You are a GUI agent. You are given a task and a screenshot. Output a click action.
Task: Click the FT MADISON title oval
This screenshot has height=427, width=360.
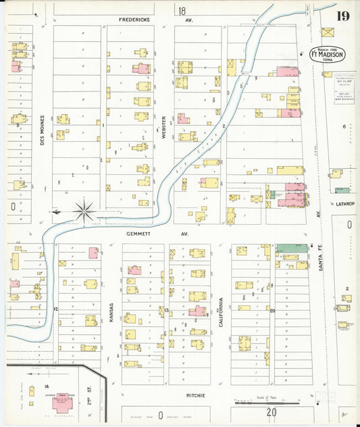tap(328, 54)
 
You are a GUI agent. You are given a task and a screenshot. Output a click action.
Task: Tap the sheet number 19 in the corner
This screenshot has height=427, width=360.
tap(343, 16)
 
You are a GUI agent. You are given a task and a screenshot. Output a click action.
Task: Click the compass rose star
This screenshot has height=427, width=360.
tap(84, 211)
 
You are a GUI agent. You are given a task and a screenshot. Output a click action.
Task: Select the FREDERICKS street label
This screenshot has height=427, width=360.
tap(134, 20)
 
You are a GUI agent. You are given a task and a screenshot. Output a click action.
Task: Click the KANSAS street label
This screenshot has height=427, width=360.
tap(111, 314)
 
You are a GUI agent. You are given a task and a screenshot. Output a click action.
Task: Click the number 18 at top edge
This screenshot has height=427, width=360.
tap(182, 11)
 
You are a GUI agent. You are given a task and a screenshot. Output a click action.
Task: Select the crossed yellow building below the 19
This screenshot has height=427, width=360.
tap(328, 32)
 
